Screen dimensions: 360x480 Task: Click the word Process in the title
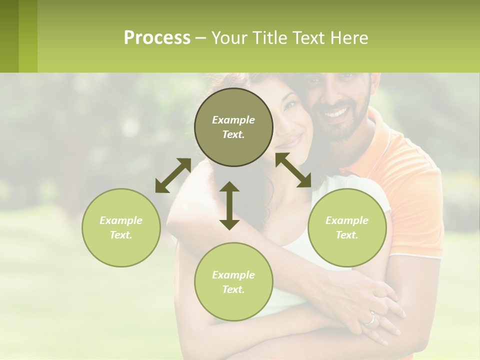pos(157,38)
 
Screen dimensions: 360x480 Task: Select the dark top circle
pos(233,127)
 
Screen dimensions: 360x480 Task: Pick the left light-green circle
pos(121,227)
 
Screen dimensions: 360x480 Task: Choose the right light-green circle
pos(347,227)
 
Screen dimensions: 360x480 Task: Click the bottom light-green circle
pos(233,281)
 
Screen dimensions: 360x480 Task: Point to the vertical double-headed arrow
pos(229,205)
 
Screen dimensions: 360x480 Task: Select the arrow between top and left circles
pos(173,175)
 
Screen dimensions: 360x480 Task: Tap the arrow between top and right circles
pos(293,170)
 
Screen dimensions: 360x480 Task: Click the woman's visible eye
pos(290,106)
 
